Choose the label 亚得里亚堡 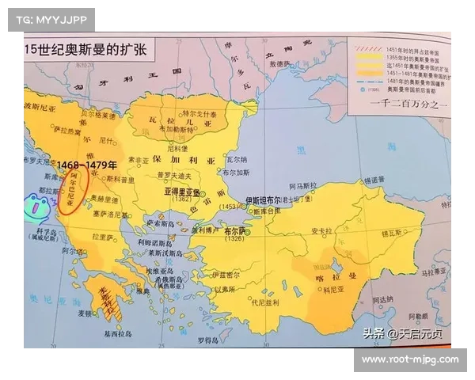pos(180,192)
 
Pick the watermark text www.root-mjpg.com pos(410,359)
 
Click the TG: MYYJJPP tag pos(50,19)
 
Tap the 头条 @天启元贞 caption pos(403,333)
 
